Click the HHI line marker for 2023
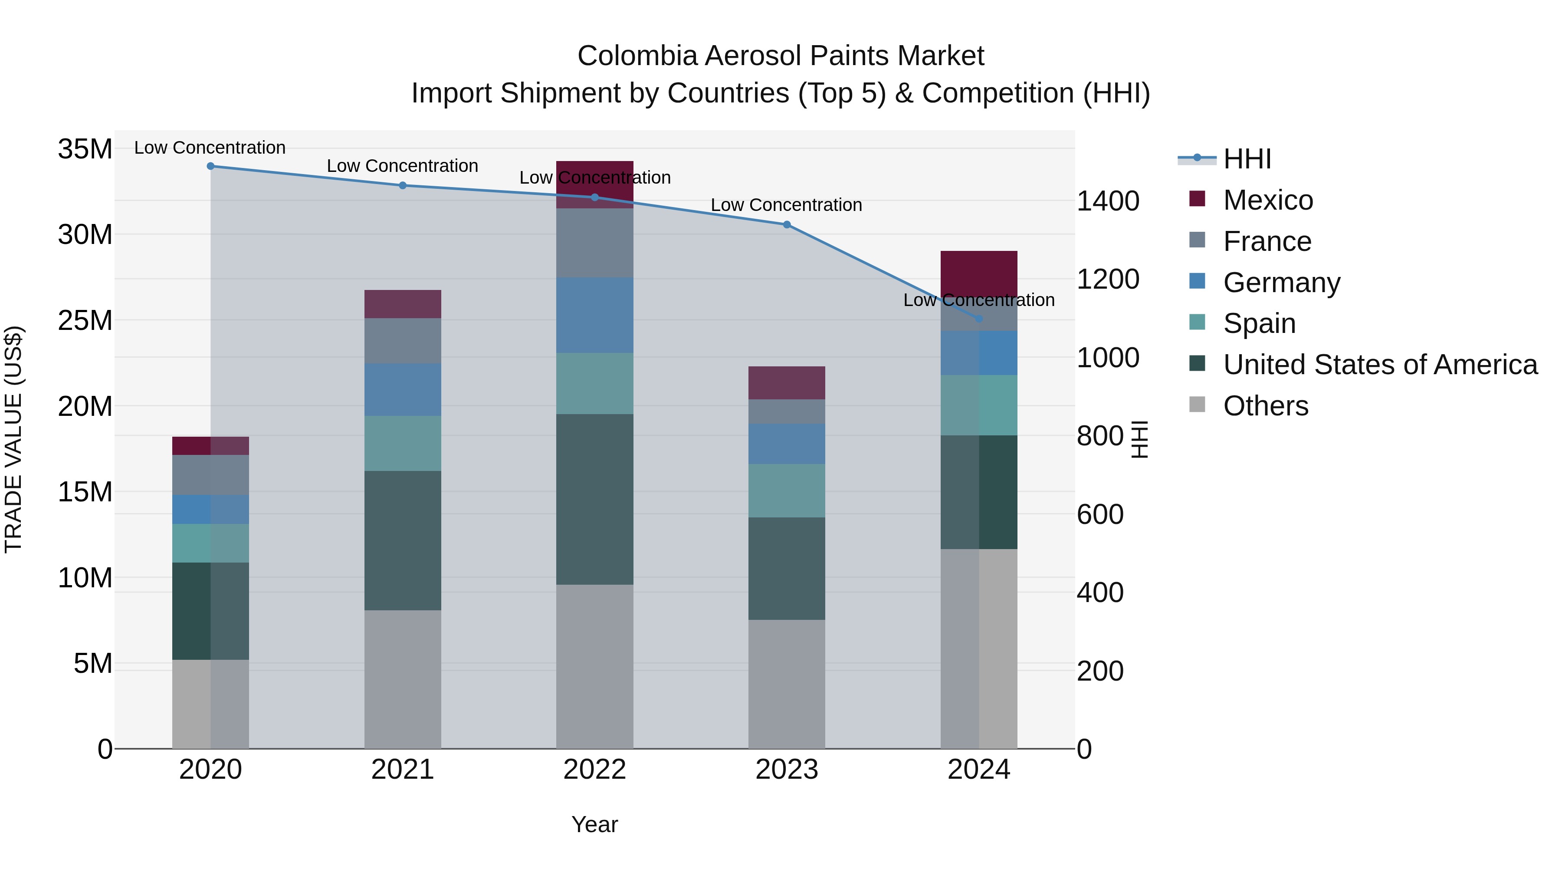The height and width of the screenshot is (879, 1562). click(x=787, y=224)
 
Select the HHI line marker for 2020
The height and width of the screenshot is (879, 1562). click(x=210, y=166)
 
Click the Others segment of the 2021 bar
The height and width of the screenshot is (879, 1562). click(x=403, y=679)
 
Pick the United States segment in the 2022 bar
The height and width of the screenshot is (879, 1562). click(x=594, y=499)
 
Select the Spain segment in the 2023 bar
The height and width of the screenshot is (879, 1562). click(x=787, y=491)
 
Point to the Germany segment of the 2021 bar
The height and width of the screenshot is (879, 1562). click(x=403, y=389)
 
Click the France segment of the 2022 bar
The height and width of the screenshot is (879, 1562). click(x=594, y=243)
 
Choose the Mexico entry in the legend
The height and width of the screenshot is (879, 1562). click(x=1267, y=200)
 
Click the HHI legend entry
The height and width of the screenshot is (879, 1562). click(x=1246, y=159)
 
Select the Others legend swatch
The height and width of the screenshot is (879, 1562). click(x=1197, y=405)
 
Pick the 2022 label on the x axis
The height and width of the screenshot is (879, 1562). click(x=594, y=770)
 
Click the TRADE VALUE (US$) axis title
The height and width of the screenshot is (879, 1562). click(x=13, y=439)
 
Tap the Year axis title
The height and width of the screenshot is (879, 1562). click(x=594, y=824)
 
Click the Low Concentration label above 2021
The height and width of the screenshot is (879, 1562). click(x=403, y=166)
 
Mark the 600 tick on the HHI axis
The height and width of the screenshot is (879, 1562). click(x=1100, y=514)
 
